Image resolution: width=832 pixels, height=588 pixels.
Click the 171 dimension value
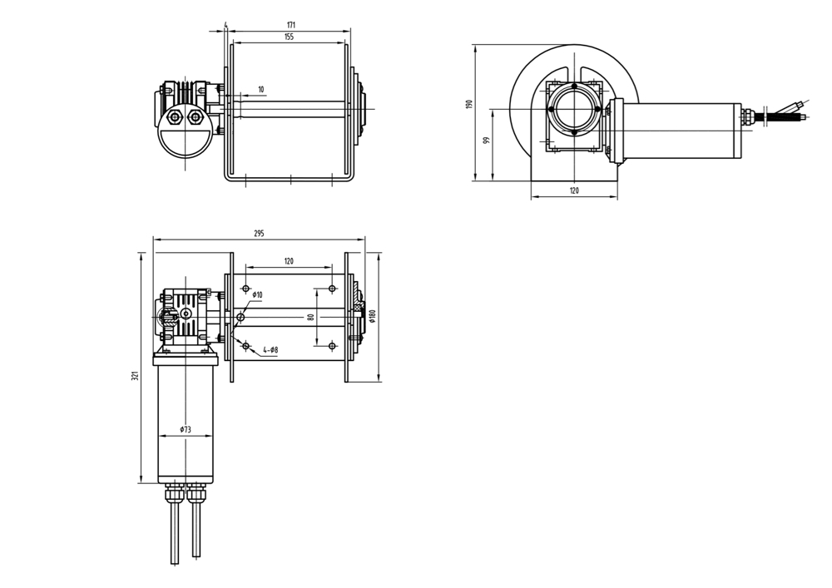[290, 26]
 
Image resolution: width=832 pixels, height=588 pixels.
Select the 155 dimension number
[289, 37]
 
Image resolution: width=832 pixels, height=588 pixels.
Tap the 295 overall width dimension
[259, 234]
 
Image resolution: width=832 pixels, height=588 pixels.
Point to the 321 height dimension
[135, 376]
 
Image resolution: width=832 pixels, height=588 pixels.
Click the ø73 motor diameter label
[185, 430]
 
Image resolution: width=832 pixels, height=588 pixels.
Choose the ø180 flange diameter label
[374, 316]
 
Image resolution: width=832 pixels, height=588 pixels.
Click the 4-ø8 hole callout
[270, 351]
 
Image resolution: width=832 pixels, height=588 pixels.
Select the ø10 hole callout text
[257, 295]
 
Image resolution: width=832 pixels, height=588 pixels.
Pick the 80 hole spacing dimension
[310, 317]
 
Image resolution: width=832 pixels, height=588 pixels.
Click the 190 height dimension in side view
[469, 104]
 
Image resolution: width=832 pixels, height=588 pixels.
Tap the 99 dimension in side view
[486, 140]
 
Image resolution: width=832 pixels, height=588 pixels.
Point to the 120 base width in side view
[574, 191]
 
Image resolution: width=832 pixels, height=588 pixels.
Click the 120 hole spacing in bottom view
[289, 261]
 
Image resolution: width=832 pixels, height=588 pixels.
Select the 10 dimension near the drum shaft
[261, 90]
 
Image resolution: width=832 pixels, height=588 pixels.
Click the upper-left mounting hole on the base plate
[245, 289]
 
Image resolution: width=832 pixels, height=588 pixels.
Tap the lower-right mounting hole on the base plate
[332, 345]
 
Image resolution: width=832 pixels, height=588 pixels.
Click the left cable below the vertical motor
[175, 532]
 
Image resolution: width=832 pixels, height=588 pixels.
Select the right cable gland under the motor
[196, 494]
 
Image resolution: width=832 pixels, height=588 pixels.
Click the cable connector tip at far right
[800, 106]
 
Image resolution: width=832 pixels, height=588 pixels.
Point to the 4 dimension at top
[225, 25]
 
